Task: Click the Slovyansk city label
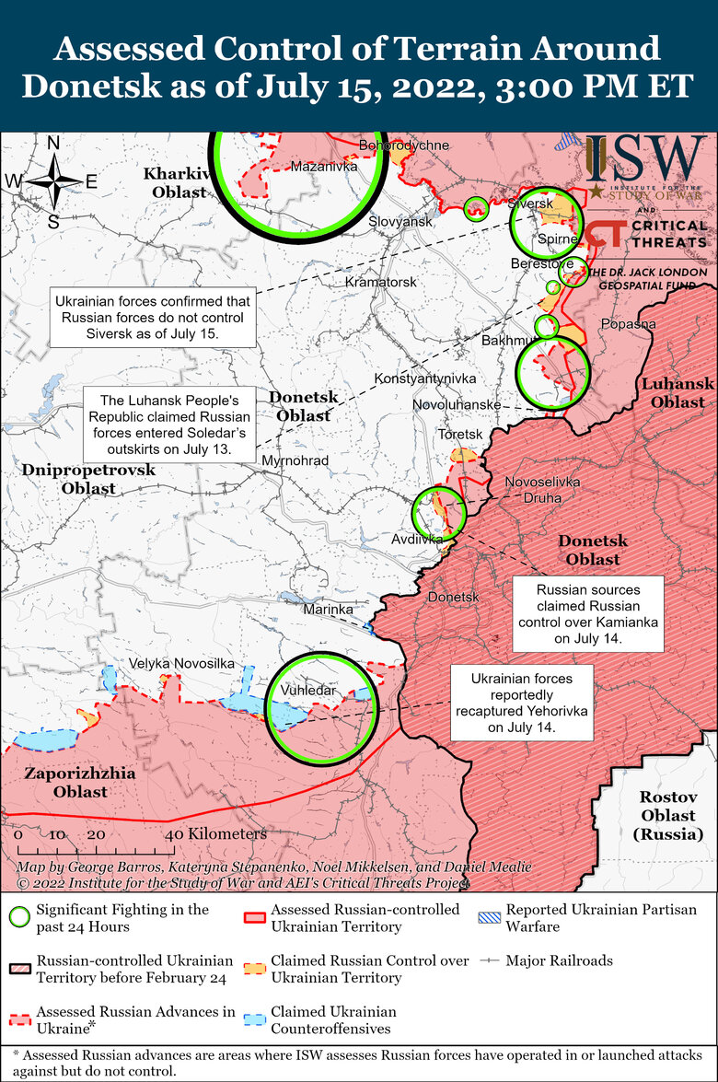[x=400, y=222]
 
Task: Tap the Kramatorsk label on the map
[x=380, y=282]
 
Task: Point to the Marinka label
[x=329, y=609]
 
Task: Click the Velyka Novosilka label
[x=181, y=663]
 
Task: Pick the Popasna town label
[x=628, y=324]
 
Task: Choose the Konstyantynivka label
[x=424, y=378]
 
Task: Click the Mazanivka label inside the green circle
[x=323, y=167]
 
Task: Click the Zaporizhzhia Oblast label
[x=79, y=782]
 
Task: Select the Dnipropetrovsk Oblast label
[x=88, y=479]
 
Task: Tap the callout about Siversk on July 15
[x=152, y=317]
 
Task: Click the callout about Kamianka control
[x=575, y=612]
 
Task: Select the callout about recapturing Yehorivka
[x=521, y=704]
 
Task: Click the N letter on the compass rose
[x=53, y=143]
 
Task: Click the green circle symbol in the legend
[x=18, y=916]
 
